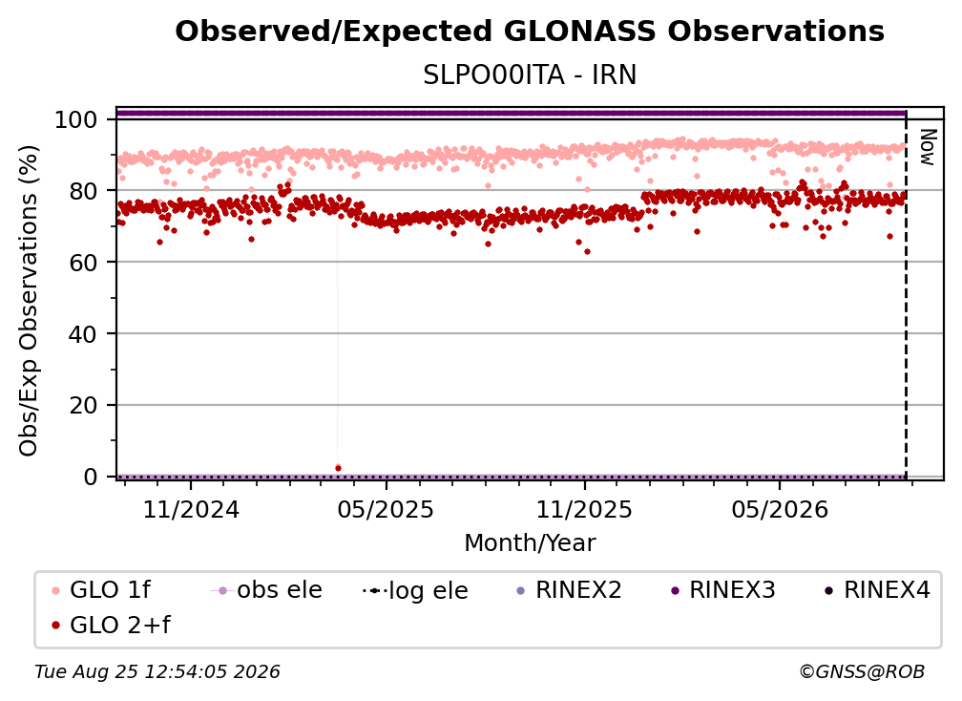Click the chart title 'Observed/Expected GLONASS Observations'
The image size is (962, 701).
coord(530,32)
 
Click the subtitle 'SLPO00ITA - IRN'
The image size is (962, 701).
coord(530,75)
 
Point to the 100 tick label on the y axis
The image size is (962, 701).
coord(76,119)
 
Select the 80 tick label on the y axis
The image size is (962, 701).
coord(83,191)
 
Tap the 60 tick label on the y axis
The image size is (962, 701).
coord(83,263)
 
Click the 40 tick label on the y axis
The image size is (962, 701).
coord(83,334)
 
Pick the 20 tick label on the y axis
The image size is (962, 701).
coord(83,406)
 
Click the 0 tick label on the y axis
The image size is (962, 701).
coord(91,477)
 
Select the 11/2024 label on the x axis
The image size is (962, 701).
coord(191,510)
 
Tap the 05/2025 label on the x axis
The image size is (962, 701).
coord(386,510)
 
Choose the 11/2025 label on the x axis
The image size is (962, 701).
coord(584,510)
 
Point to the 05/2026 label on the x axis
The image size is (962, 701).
coord(780,510)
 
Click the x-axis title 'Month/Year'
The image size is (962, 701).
coord(530,543)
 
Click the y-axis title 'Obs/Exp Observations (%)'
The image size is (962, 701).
coord(29,301)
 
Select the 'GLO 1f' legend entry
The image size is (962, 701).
coord(102,590)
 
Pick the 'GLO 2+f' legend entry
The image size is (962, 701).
coord(111,626)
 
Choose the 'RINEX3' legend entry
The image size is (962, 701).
coord(724,590)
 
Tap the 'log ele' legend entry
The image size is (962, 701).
coord(415,590)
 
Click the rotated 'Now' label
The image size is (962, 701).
coord(928,147)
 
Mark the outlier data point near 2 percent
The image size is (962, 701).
coord(338,468)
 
